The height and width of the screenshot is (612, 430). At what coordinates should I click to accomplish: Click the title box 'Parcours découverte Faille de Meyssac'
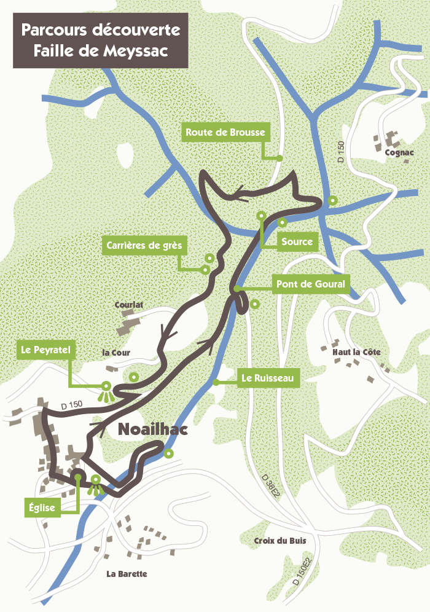(x=101, y=41)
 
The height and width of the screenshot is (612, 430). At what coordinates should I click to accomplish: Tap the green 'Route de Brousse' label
(x=225, y=133)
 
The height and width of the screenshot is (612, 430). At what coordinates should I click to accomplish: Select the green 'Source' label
(x=297, y=241)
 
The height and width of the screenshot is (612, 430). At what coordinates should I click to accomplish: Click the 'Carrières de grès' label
(x=144, y=245)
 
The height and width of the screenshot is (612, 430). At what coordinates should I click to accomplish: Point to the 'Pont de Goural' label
(x=310, y=284)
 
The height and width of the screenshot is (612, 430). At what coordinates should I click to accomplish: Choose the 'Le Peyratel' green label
(x=47, y=350)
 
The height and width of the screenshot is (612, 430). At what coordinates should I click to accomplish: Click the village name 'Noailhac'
(x=152, y=431)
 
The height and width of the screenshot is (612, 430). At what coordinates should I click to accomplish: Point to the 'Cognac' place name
(x=399, y=153)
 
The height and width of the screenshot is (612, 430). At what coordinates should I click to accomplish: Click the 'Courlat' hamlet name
(x=128, y=305)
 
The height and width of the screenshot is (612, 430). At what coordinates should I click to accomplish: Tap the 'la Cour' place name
(x=116, y=353)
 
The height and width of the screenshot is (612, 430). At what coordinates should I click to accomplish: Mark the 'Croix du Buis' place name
(x=279, y=541)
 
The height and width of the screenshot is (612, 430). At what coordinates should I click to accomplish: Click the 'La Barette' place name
(x=127, y=574)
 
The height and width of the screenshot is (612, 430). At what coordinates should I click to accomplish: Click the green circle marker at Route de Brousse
(x=279, y=158)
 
